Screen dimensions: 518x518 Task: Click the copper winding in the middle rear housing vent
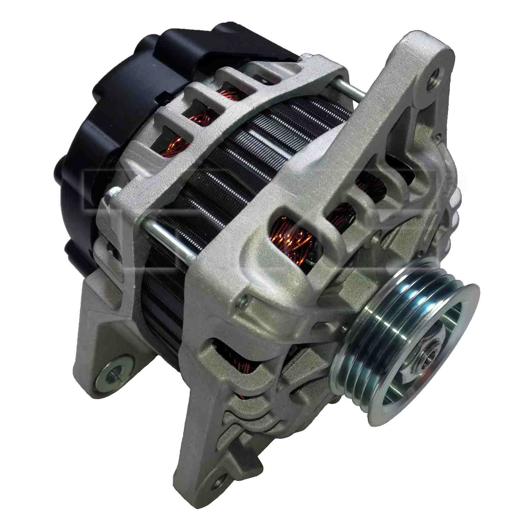tap(204, 114)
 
